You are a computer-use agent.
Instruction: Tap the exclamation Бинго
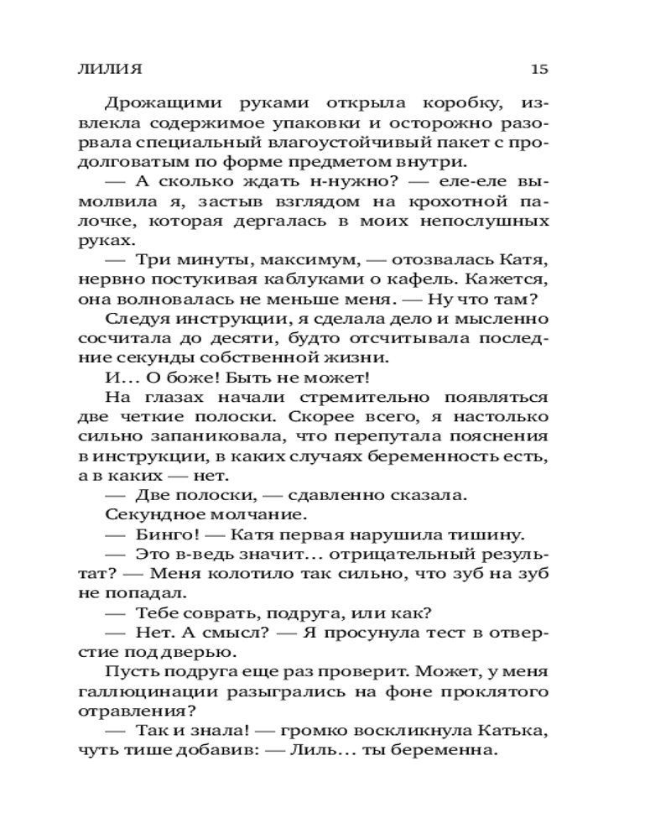[165, 534]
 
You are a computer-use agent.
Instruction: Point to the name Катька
[516, 731]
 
